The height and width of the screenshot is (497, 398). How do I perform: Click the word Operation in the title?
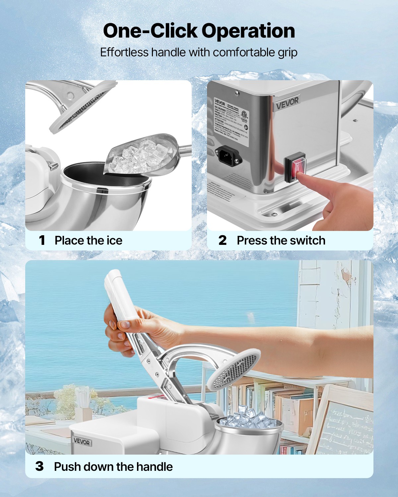tap(248, 31)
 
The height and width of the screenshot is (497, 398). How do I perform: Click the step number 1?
tap(42, 240)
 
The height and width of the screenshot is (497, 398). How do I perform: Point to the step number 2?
tap(223, 240)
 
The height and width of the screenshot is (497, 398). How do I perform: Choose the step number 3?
tap(39, 467)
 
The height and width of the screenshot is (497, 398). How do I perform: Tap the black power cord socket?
tap(229, 154)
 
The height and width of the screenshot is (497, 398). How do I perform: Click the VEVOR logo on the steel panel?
tap(287, 103)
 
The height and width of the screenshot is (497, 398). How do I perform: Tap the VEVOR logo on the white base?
tap(82, 442)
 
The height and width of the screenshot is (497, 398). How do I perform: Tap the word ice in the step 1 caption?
tap(114, 240)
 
